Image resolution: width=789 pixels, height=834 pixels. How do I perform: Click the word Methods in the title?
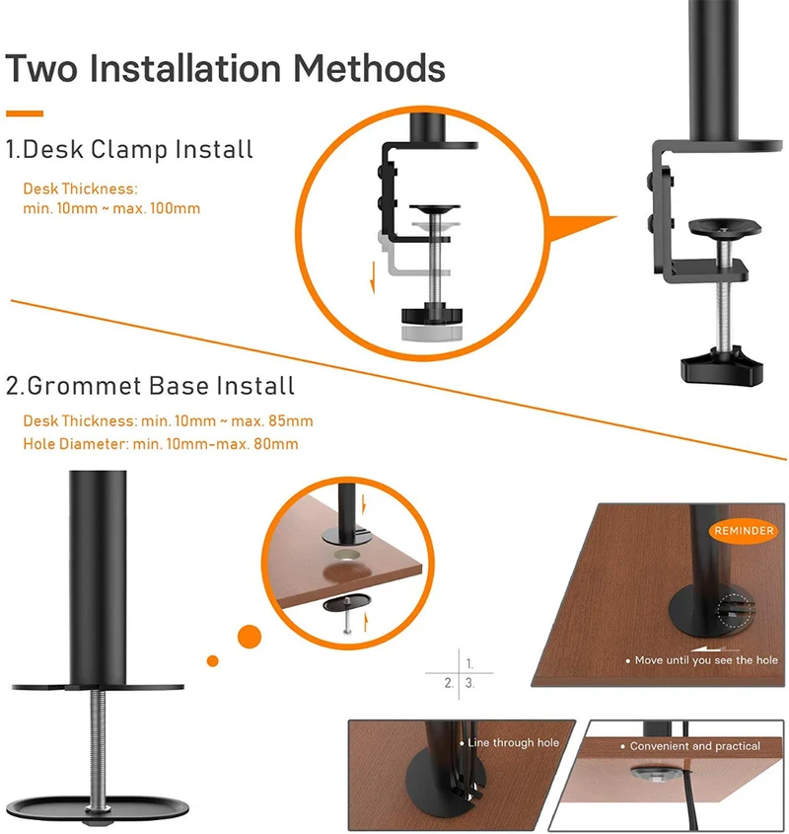click(x=369, y=68)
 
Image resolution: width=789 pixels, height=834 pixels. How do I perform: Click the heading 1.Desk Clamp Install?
click(x=129, y=149)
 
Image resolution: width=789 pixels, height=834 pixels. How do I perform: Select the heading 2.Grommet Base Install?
click(x=150, y=386)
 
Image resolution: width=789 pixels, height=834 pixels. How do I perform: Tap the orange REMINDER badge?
click(x=744, y=530)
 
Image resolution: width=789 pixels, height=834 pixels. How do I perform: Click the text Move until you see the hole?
click(x=706, y=660)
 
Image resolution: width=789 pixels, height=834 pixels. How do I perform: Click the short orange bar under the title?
click(x=25, y=114)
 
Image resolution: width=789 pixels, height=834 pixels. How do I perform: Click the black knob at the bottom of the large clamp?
click(x=722, y=365)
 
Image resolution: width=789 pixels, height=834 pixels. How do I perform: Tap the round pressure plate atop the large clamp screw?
click(x=725, y=228)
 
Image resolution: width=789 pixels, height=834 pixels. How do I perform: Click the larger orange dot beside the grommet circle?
click(x=250, y=637)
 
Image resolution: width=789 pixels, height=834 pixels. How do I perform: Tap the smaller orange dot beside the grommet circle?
click(x=213, y=661)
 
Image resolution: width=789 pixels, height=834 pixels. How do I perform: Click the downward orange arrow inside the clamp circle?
click(x=373, y=277)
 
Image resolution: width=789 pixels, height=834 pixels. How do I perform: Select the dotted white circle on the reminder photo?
click(x=737, y=611)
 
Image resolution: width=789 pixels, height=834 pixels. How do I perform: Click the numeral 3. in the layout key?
click(x=469, y=683)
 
